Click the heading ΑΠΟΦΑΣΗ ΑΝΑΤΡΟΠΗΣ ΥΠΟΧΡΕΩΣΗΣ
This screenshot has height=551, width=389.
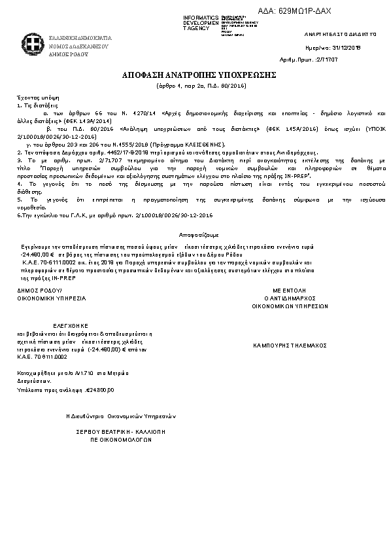coord(194,75)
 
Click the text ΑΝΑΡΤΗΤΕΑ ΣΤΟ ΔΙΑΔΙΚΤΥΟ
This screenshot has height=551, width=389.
coord(341,33)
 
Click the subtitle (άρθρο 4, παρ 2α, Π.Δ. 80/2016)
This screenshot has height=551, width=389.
coord(194,86)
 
